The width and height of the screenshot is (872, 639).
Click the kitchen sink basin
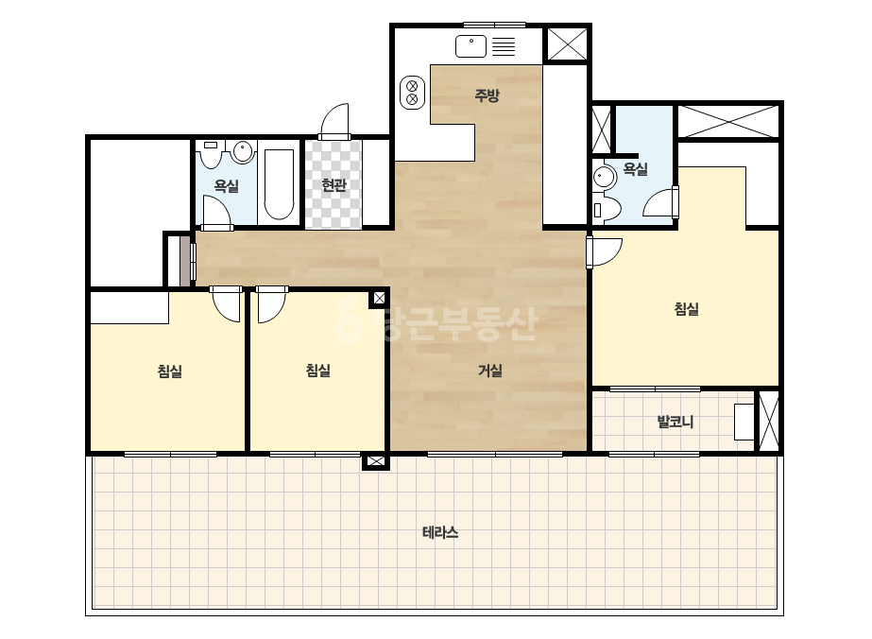pos(471,46)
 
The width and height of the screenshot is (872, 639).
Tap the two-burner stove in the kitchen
pos(412,93)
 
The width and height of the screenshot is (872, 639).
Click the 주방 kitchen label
pos(487,95)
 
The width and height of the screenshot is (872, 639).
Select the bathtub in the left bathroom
pos(279,184)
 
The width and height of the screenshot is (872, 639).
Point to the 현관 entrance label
pos(333,184)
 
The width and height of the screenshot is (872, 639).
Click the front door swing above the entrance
pos(334,121)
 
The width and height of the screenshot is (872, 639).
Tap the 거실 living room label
pos(490,371)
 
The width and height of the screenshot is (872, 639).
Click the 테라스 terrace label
pos(440,533)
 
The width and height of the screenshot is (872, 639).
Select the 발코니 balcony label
pos(675,422)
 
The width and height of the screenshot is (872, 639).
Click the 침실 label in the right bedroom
pos(686,309)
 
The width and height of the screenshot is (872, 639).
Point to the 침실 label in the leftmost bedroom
pos(170,371)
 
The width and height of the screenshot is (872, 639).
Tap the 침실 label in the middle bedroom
pos(318,371)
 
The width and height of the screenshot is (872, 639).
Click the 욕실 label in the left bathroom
pos(227,186)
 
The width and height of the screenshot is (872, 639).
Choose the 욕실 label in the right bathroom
pos(635,168)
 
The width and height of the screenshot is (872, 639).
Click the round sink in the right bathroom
pos(604,177)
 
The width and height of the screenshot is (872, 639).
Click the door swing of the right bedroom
pos(605,251)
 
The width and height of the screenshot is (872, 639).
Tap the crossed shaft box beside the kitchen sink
pos(567,44)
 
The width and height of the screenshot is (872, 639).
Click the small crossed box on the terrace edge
pos(375,461)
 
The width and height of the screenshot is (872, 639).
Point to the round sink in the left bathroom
pos(243,151)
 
